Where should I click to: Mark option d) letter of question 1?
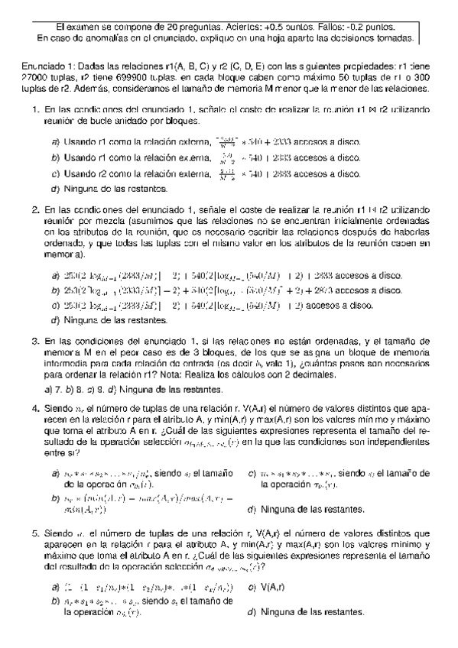coord(55,188)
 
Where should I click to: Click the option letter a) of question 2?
coord(55,276)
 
